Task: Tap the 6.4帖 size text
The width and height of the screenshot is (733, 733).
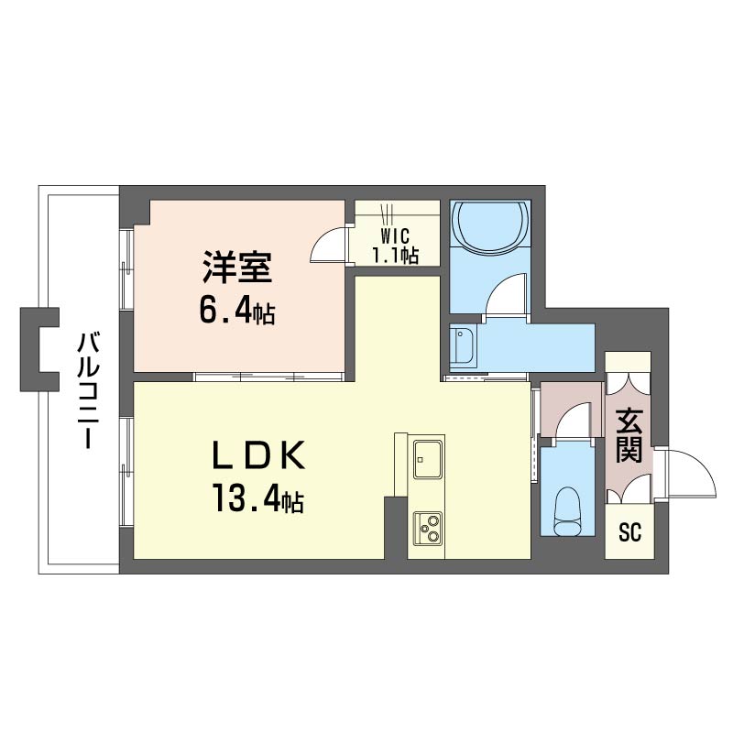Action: tap(237, 312)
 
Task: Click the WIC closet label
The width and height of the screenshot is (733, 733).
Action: tap(396, 235)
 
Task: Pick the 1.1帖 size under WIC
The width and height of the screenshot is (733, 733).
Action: tap(396, 256)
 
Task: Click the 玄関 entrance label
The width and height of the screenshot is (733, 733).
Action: tap(629, 437)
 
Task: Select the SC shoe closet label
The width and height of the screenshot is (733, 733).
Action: tap(629, 532)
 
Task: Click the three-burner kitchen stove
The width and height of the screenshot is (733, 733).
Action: tap(428, 526)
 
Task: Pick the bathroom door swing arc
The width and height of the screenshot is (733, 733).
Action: tap(503, 297)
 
